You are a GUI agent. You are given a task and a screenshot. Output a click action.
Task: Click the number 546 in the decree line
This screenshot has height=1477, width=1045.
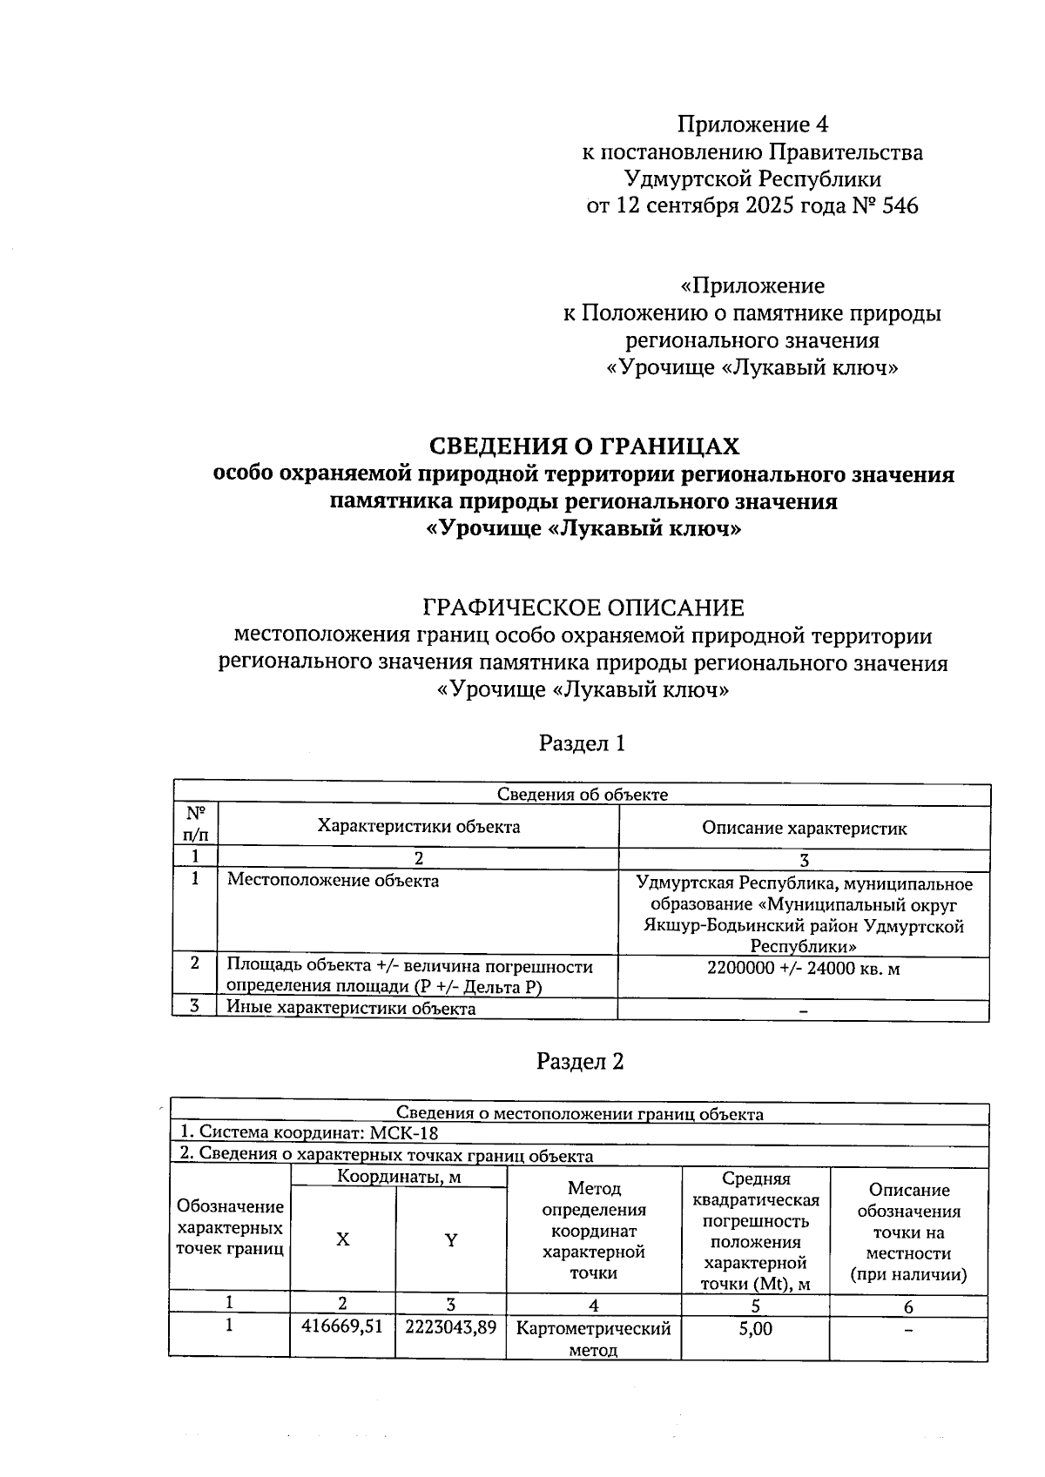[x=900, y=206]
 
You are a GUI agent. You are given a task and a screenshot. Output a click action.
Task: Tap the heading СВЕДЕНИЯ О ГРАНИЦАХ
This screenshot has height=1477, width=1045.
[x=584, y=446]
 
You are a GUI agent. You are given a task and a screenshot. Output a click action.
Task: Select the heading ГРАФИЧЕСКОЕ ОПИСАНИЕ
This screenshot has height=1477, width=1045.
[x=583, y=608]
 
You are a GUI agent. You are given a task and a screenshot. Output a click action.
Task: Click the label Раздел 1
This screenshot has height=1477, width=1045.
[x=582, y=743]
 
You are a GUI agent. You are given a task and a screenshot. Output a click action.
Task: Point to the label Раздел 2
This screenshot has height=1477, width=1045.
[x=580, y=1062]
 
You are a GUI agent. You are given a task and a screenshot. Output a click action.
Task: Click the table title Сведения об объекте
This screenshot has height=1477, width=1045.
[x=582, y=794]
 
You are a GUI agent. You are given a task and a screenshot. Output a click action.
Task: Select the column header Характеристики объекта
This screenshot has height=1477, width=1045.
[x=418, y=827]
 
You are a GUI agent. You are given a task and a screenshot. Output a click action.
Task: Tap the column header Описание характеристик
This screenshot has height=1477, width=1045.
[x=804, y=828]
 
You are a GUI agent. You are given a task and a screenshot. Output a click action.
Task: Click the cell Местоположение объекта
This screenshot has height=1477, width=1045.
[x=333, y=880]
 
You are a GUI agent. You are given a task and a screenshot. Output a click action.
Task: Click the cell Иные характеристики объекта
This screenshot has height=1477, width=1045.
[x=351, y=1009]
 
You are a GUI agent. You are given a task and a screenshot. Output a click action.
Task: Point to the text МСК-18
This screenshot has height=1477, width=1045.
[x=404, y=1133]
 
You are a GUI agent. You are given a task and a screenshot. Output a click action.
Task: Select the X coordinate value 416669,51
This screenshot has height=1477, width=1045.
[x=342, y=1327]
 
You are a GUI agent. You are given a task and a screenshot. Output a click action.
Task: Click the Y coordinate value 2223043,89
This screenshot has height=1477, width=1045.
[x=451, y=1327]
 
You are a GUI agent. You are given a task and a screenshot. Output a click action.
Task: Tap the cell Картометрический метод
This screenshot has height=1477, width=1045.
[x=593, y=1339]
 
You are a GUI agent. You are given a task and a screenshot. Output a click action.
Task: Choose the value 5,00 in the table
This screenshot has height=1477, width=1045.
[x=755, y=1329]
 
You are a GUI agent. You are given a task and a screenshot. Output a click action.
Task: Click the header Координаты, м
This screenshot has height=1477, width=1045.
[x=399, y=1178]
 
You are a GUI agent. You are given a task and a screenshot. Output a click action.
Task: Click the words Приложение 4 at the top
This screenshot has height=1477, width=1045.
[x=752, y=124]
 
